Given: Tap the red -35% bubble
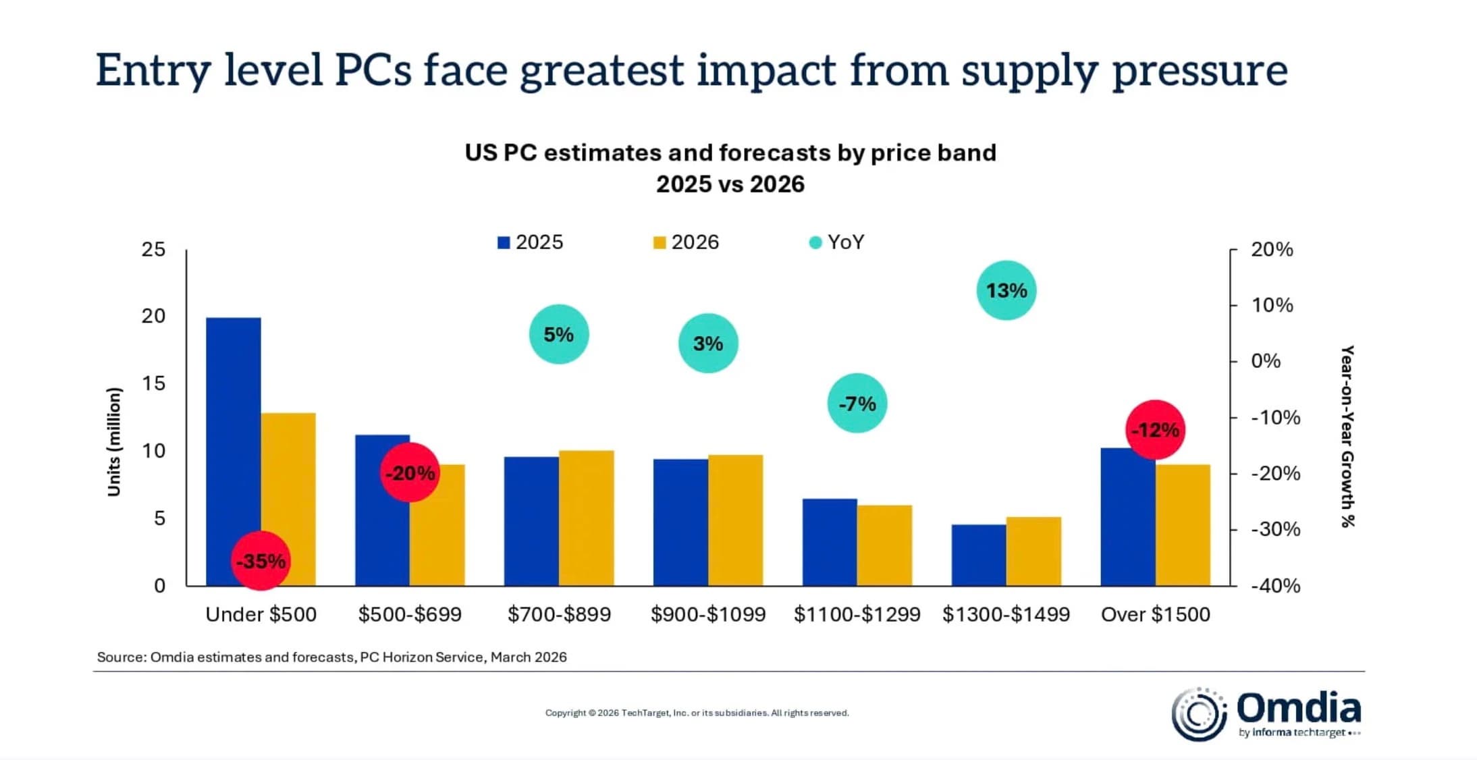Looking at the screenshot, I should pyautogui.click(x=261, y=561).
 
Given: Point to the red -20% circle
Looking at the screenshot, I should pyautogui.click(x=410, y=472).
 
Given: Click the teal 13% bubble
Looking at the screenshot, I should pyautogui.click(x=1006, y=290).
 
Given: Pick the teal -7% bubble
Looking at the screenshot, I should pyautogui.click(x=857, y=403).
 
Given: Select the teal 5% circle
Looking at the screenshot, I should pyautogui.click(x=558, y=334).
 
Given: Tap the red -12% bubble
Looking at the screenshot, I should pyautogui.click(x=1155, y=430).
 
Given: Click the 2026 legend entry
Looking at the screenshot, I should pyautogui.click(x=687, y=242).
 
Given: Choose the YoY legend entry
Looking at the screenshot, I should pyautogui.click(x=837, y=242).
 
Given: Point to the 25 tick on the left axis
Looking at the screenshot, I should pyautogui.click(x=153, y=250).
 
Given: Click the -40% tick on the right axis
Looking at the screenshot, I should pyautogui.click(x=1274, y=585).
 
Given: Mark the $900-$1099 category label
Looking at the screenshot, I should pyautogui.click(x=708, y=614).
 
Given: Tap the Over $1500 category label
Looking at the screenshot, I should pyautogui.click(x=1155, y=614).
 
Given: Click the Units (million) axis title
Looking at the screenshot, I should pyautogui.click(x=114, y=442).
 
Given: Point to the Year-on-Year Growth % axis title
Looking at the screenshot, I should pyautogui.click(x=1347, y=436).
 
